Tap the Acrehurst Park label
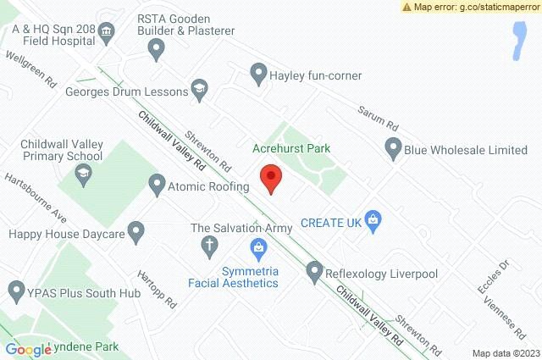290,148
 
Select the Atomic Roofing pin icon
157,183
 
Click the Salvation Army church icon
208,246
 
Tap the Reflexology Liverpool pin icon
315,273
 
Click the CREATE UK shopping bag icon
370,219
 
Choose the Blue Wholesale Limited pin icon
392,150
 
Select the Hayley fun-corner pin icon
257,75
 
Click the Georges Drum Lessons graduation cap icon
199,87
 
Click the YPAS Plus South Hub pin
14,293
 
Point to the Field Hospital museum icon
108,32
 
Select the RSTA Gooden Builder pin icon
155,49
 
